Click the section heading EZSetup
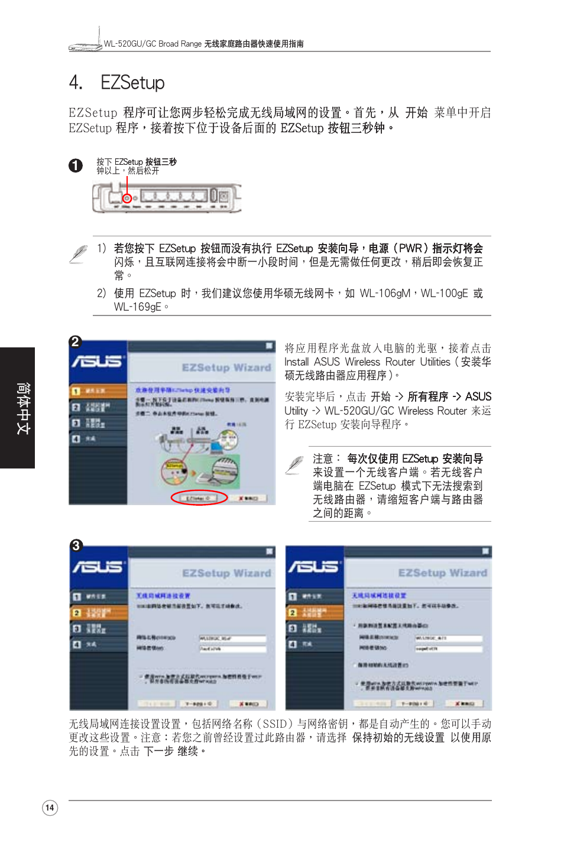pyautogui.click(x=132, y=83)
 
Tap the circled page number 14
pyautogui.click(x=50, y=808)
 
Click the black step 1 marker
pyautogui.click(x=76, y=165)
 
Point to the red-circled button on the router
pyautogui.click(x=127, y=198)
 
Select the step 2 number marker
pyautogui.click(x=75, y=341)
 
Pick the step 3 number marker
pyautogui.click(x=76, y=545)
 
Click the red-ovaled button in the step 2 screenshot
pyautogui.click(x=199, y=498)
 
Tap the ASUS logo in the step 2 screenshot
pyautogui.click(x=97, y=361)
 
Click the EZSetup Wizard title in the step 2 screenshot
pyautogui.click(x=226, y=367)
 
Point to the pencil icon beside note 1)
pyautogui.click(x=79, y=254)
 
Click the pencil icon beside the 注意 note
pyautogui.click(x=294, y=466)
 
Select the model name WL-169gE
pyautogui.click(x=138, y=307)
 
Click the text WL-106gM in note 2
pyautogui.click(x=385, y=293)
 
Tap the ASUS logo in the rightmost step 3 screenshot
pyautogui.click(x=314, y=567)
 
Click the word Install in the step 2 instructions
pyautogui.click(x=296, y=362)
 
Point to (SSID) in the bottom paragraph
pyautogui.click(x=275, y=724)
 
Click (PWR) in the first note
pyautogui.click(x=407, y=248)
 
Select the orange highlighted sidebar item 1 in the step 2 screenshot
pyautogui.click(x=98, y=391)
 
